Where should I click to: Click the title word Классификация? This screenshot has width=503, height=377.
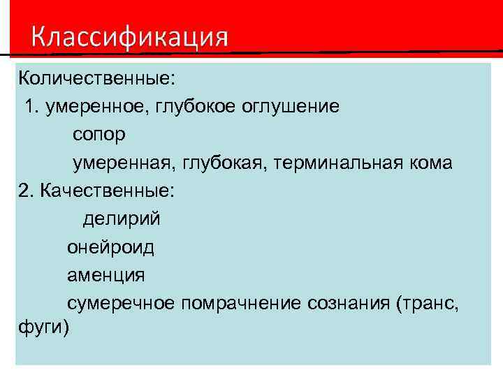(x=129, y=36)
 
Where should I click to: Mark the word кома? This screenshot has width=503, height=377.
(x=435, y=163)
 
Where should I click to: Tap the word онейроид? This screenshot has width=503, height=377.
(x=110, y=246)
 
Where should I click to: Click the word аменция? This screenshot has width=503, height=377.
(x=106, y=275)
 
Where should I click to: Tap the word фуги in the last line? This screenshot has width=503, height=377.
(x=40, y=327)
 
